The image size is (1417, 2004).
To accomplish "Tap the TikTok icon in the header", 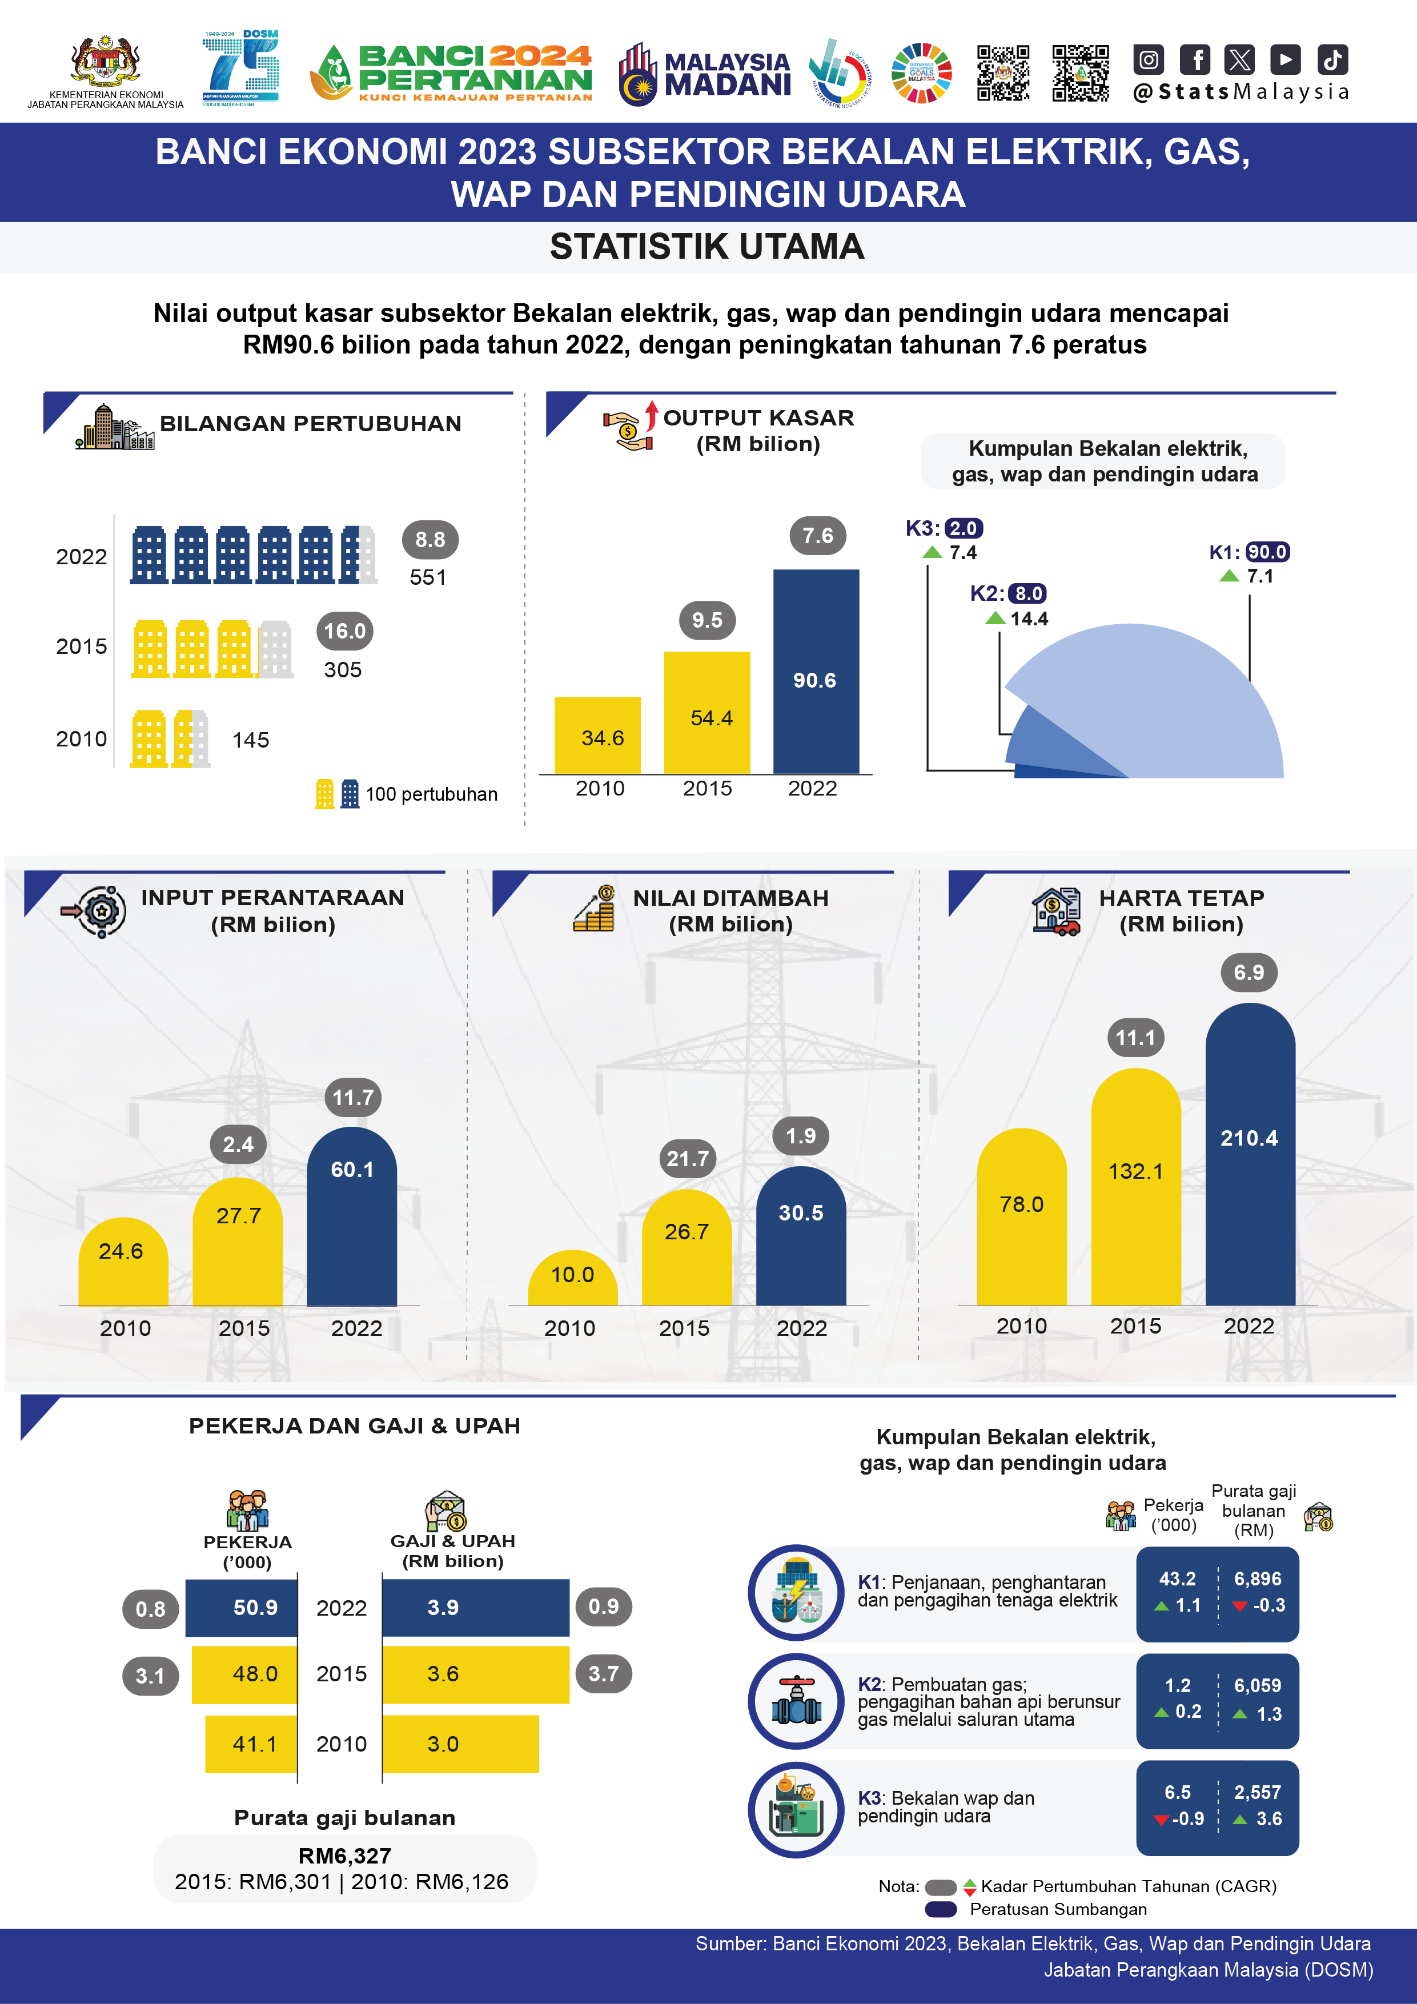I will (1332, 59).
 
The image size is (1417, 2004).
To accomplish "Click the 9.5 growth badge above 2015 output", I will (707, 621).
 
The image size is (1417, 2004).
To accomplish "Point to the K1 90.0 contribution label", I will (1267, 552).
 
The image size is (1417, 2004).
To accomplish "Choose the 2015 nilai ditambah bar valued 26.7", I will (687, 1248).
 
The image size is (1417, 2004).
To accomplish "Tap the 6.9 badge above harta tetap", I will (1249, 973).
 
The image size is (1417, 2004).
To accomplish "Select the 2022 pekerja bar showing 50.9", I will (241, 1608).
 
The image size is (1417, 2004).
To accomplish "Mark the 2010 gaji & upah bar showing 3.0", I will (460, 1744).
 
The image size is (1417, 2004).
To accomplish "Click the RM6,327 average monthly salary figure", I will (345, 1856).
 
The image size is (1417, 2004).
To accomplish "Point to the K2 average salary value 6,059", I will (1257, 1685).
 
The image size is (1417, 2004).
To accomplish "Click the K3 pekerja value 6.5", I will (1177, 1792).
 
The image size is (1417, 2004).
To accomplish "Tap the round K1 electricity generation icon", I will (796, 1593).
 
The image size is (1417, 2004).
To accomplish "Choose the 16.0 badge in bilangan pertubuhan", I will (345, 631).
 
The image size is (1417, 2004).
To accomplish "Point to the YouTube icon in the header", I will (1285, 59).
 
